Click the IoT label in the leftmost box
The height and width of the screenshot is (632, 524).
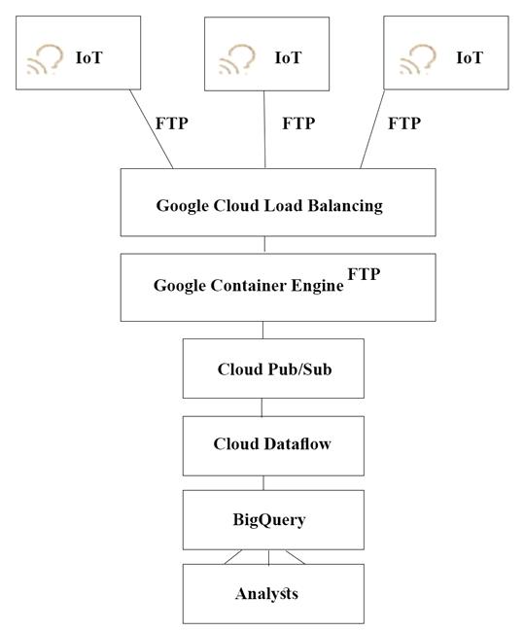(x=89, y=57)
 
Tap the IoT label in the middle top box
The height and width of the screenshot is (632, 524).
(x=288, y=57)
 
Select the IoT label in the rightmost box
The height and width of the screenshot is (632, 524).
(x=470, y=57)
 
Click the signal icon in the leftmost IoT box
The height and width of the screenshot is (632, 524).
(x=45, y=59)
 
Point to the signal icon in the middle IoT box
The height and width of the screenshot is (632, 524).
(x=237, y=59)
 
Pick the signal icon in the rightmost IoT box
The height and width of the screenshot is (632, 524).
(x=418, y=59)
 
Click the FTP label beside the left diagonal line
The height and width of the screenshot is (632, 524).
(x=172, y=123)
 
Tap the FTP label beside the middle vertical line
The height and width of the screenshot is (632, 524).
(x=298, y=123)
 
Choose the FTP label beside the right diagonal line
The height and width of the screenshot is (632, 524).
(x=404, y=123)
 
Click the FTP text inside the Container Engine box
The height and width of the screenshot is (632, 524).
(x=364, y=274)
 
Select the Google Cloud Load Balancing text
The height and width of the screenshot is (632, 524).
(x=269, y=205)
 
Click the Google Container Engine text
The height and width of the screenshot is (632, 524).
(x=249, y=286)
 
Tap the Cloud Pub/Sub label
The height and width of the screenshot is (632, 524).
(x=274, y=369)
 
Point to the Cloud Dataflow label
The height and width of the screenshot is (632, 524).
(x=272, y=443)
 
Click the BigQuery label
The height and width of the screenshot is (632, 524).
(x=269, y=519)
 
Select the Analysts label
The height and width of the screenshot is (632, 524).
(x=266, y=594)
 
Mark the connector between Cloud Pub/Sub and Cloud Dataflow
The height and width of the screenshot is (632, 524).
(x=262, y=407)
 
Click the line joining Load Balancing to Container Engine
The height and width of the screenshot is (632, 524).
(x=264, y=244)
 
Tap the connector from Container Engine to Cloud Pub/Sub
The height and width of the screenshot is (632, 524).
(x=262, y=330)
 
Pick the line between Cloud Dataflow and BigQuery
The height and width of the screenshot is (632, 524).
(x=263, y=483)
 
